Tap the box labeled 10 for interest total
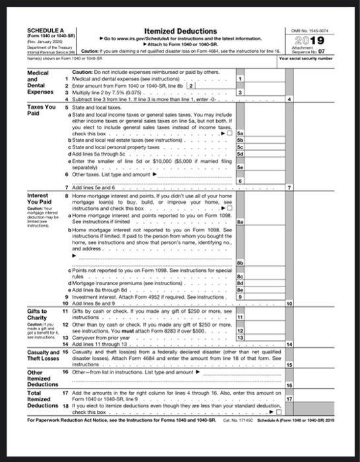(x=284, y=304)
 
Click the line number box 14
(x=284, y=345)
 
